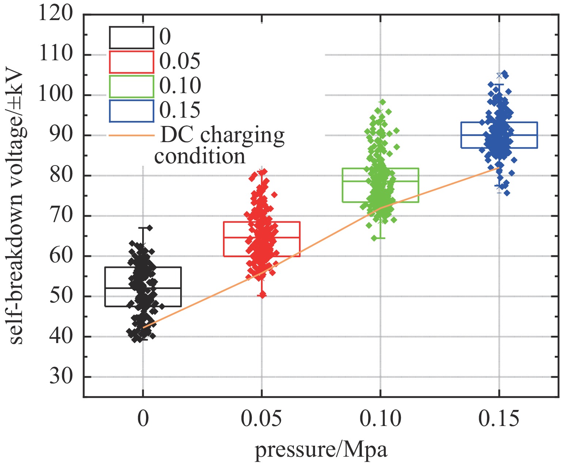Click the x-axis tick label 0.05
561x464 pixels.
point(261,419)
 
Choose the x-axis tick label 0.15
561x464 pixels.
point(499,419)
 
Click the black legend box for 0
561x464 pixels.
point(131,38)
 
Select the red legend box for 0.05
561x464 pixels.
point(131,62)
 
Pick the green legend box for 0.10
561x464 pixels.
point(131,87)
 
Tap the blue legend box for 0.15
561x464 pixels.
point(131,111)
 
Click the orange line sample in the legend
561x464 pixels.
point(131,136)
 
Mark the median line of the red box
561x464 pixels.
point(261,237)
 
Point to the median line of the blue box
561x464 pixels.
point(499,135)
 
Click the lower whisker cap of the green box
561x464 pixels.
point(380,238)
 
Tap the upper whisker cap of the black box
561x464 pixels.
point(143,228)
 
